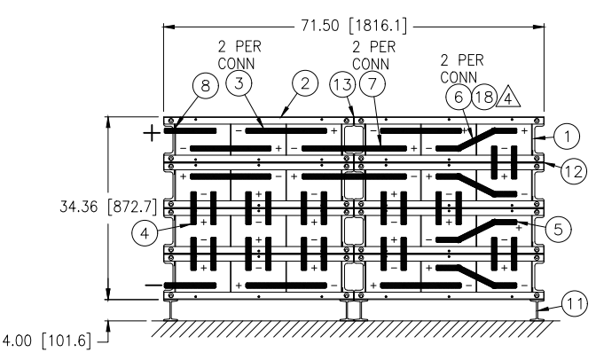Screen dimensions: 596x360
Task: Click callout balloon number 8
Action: pyautogui.click(x=205, y=85)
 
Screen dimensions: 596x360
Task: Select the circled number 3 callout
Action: pyautogui.click(x=239, y=83)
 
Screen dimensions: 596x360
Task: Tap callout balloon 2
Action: pyautogui.click(x=305, y=83)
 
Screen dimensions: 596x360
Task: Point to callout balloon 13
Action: pyautogui.click(x=342, y=84)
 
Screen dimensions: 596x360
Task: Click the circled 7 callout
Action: pyautogui.click(x=372, y=84)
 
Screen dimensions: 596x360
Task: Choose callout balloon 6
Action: pyautogui.click(x=459, y=97)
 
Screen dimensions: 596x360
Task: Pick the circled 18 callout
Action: pyautogui.click(x=484, y=97)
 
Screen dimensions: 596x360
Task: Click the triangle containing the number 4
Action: pyautogui.click(x=508, y=98)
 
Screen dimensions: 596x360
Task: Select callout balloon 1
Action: pyautogui.click(x=567, y=136)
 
